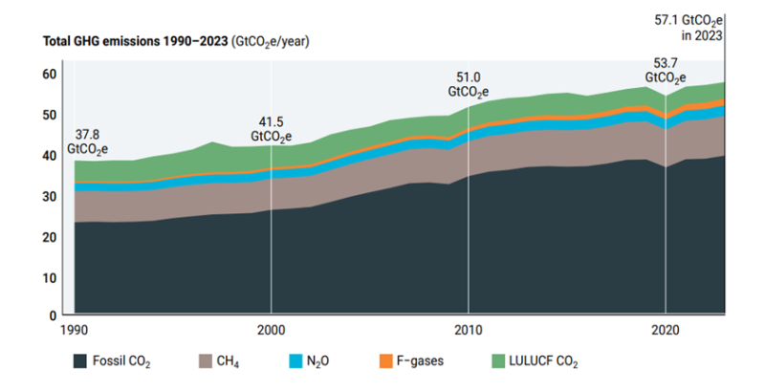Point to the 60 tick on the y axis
[x=51, y=74]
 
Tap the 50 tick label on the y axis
[x=51, y=115]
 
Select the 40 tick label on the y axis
[x=51, y=155]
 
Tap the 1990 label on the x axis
[x=75, y=331]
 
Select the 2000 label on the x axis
[x=272, y=331]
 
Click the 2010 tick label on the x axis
[x=468, y=331]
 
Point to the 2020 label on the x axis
[x=665, y=331]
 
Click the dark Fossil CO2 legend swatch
[x=82, y=362]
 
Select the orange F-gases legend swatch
[x=386, y=362]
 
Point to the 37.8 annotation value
[x=87, y=135]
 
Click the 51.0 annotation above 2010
[x=468, y=77]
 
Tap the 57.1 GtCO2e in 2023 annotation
[x=701, y=28]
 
